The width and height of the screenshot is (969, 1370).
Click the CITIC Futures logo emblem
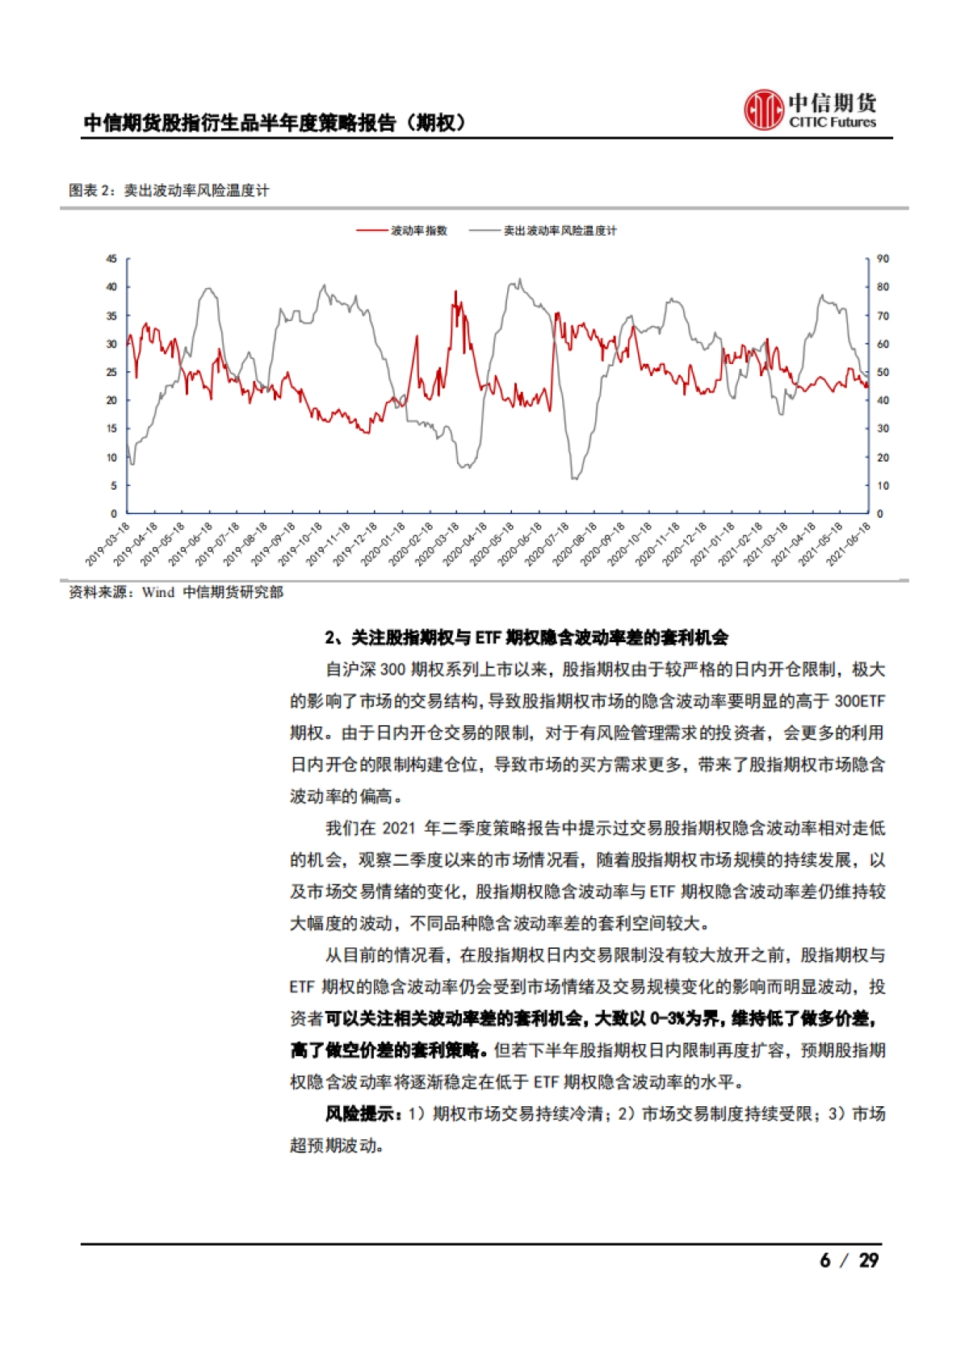click(x=763, y=110)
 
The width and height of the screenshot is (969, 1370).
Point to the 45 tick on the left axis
click(x=111, y=259)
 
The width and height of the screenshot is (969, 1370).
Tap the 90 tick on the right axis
click(x=883, y=259)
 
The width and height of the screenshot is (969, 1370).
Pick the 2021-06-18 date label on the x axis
click(x=849, y=543)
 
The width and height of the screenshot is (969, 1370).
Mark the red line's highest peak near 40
click(x=455, y=291)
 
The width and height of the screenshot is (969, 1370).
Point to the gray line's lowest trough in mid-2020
click(x=574, y=478)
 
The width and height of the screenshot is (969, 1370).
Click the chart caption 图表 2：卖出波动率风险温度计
click(x=169, y=190)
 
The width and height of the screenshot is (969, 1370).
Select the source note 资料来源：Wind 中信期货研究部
click(x=176, y=592)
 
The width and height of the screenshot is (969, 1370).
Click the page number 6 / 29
click(x=849, y=1260)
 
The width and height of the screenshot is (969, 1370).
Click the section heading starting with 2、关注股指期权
click(x=526, y=637)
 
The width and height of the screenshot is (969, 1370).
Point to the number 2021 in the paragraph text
click(x=398, y=829)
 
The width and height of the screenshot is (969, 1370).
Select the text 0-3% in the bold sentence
click(x=664, y=1019)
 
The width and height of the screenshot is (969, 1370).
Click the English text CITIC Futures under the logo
click(x=833, y=123)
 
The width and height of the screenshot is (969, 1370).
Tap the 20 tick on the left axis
click(x=111, y=400)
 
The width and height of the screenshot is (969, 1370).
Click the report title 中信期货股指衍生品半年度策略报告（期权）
click(x=275, y=123)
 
